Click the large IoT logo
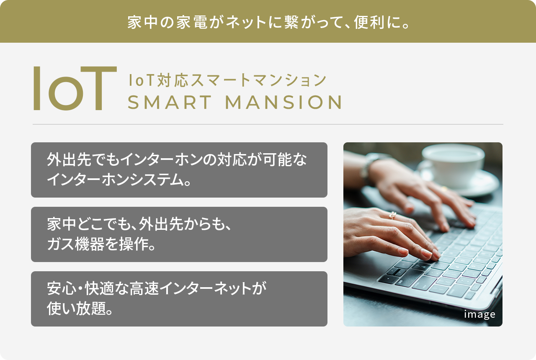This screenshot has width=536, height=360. point(75,88)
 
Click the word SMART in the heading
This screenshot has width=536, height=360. point(170,103)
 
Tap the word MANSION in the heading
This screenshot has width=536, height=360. point(284,103)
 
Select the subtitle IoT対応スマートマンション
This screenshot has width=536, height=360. point(227,80)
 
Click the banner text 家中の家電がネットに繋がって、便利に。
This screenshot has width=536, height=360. point(268,22)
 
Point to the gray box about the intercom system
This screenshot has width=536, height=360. point(179,170)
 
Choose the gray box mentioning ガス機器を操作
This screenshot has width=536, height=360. point(179,234)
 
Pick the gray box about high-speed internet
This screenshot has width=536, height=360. point(179,299)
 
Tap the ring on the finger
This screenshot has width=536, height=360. point(392,215)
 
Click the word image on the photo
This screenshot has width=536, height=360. point(479,314)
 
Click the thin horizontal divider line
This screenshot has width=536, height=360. point(268,124)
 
